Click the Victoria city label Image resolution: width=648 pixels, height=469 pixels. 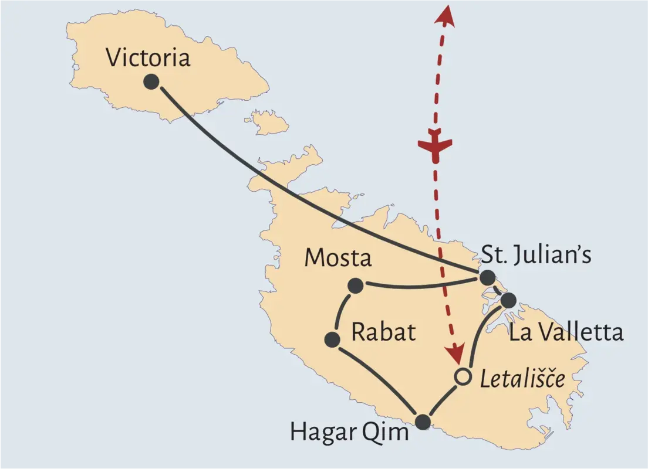(148, 58)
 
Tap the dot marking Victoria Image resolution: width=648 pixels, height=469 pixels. (151, 81)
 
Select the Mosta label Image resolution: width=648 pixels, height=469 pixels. (338, 258)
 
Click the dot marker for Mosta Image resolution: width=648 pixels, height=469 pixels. (355, 286)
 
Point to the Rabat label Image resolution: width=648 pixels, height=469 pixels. (383, 332)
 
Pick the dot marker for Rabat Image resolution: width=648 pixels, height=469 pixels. (332, 339)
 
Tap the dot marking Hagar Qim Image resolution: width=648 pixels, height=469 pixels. (423, 421)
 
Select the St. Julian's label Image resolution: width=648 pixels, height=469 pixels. (536, 255)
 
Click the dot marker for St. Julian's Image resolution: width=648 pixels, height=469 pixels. (487, 278)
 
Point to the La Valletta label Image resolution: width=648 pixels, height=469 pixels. (566, 332)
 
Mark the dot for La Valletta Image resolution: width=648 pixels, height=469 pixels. (508, 300)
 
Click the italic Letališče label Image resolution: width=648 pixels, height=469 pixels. (522, 380)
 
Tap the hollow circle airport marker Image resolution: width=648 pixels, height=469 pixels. (463, 376)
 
